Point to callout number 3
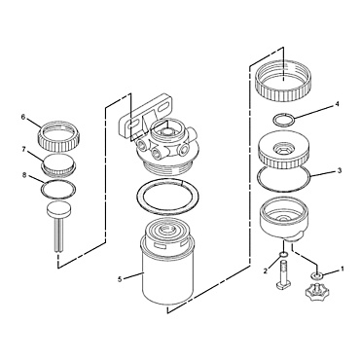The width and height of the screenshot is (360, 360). click(338, 170)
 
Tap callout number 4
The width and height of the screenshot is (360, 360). click(336, 102)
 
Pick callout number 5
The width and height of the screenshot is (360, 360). click(121, 279)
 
